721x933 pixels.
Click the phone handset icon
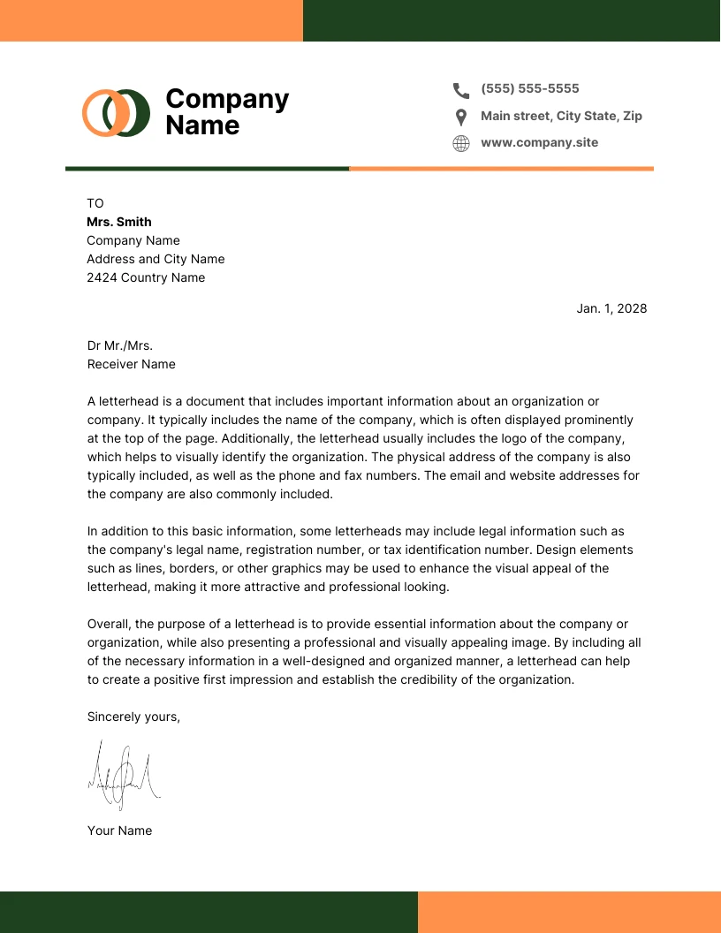pyautogui.click(x=461, y=89)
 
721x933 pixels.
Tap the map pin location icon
pyautogui.click(x=461, y=117)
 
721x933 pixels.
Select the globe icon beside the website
pyautogui.click(x=461, y=143)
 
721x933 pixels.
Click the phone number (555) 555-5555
pyautogui.click(x=530, y=88)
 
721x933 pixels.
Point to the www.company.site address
pyautogui.click(x=539, y=142)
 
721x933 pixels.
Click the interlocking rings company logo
pyautogui.click(x=117, y=112)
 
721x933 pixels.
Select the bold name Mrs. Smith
pyautogui.click(x=119, y=222)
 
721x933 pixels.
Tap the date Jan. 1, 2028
pyautogui.click(x=611, y=308)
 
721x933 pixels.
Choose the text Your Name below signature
pyautogui.click(x=119, y=831)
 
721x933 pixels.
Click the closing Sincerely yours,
pyautogui.click(x=133, y=717)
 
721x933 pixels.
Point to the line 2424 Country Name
pyautogui.click(x=146, y=277)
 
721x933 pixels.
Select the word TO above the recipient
pyautogui.click(x=95, y=203)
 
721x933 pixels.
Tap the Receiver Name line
pyautogui.click(x=131, y=364)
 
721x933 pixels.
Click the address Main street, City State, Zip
pyautogui.click(x=561, y=116)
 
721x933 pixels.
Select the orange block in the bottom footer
pyautogui.click(x=569, y=912)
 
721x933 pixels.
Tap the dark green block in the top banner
pyautogui.click(x=512, y=20)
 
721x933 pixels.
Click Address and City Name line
pyautogui.click(x=156, y=259)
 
